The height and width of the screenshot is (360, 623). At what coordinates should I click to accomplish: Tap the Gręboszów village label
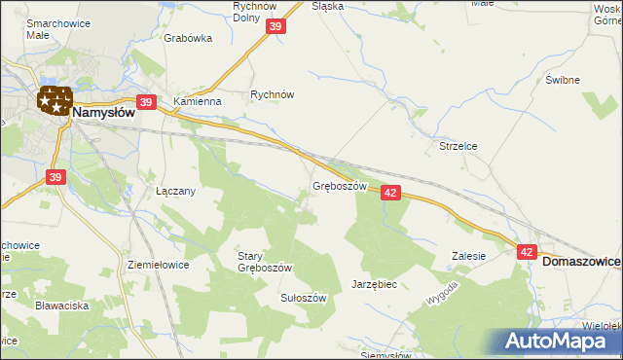click(339, 185)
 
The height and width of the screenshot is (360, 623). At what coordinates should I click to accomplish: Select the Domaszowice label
click(581, 262)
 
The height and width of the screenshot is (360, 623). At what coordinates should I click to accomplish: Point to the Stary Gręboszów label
click(264, 262)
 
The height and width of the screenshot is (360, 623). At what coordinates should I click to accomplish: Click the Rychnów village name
click(272, 95)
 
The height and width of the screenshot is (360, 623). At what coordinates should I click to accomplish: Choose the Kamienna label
click(198, 101)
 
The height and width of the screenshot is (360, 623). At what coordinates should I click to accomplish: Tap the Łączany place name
click(176, 192)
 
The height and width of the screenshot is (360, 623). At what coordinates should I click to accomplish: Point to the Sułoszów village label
click(303, 298)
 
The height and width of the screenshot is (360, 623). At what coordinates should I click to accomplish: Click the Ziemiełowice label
click(158, 264)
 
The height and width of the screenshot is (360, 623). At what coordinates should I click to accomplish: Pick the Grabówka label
click(188, 40)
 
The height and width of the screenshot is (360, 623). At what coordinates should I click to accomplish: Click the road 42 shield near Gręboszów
click(390, 193)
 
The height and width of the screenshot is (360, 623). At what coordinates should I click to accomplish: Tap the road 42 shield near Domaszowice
click(527, 252)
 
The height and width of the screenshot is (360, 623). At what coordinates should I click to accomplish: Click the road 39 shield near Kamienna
click(146, 102)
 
